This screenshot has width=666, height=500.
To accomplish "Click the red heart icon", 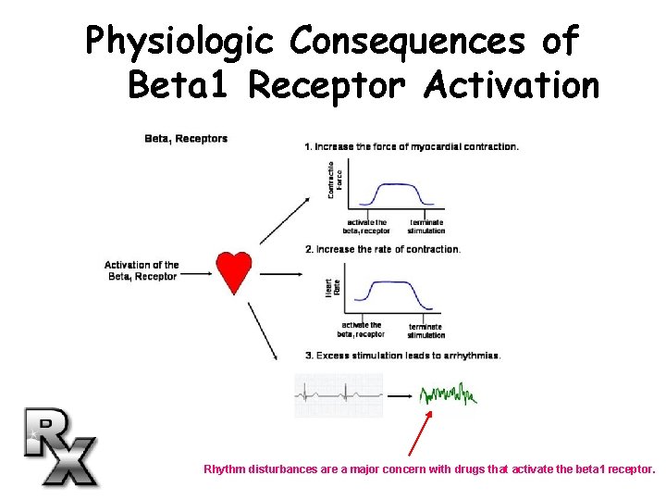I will [x=234, y=269].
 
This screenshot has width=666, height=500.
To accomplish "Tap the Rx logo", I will [x=59, y=445].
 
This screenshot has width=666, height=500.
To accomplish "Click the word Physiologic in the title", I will [x=177, y=41].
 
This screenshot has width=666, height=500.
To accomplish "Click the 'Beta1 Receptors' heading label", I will [x=186, y=140].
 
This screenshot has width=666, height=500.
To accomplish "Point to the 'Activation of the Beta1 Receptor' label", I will [x=142, y=270].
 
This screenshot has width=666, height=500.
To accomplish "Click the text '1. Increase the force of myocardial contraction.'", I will [x=412, y=146].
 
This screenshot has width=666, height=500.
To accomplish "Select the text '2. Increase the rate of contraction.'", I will [x=383, y=249].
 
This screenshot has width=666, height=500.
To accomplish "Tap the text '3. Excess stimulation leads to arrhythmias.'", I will [x=402, y=356].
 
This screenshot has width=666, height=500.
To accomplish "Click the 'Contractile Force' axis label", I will [x=335, y=181].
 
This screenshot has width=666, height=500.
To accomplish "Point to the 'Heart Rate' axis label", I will [x=335, y=287].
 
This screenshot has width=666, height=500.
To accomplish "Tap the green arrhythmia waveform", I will [x=448, y=396].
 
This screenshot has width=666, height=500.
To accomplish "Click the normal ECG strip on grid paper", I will [x=339, y=395].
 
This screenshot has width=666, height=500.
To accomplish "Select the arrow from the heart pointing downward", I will [x=264, y=334].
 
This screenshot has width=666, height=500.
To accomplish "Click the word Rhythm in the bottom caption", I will [x=225, y=469].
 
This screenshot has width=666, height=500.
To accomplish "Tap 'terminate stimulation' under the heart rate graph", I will [x=425, y=331].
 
